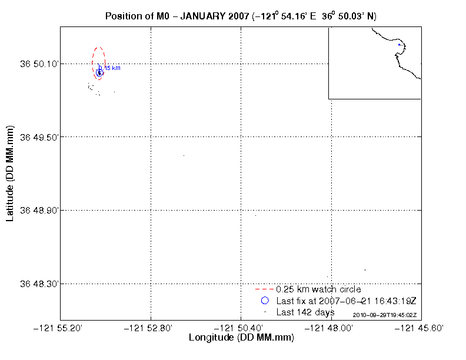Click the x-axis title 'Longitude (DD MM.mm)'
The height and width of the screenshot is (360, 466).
[241, 338]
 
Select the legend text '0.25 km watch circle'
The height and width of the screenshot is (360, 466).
[318, 289]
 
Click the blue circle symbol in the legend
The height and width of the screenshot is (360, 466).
[265, 301]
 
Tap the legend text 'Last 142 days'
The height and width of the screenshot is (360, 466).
[305, 312]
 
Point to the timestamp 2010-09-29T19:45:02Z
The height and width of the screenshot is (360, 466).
[384, 315]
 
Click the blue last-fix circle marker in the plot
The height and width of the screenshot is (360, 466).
[99, 72]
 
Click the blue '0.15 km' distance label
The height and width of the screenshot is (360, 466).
[111, 68]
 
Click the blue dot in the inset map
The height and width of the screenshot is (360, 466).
[400, 45]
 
